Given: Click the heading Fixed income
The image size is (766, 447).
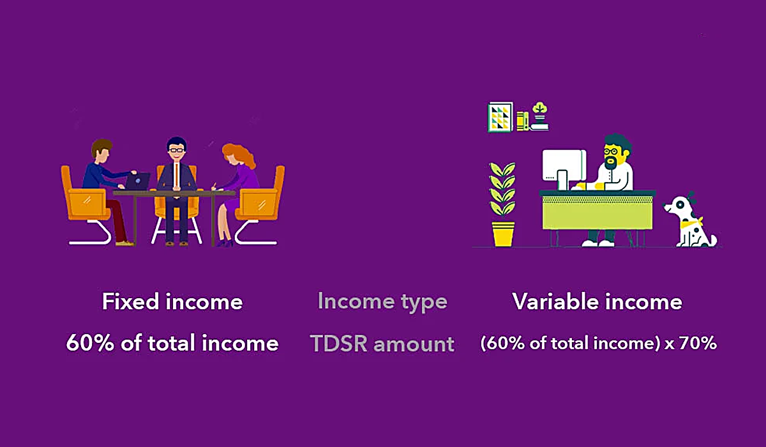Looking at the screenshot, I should [x=172, y=301].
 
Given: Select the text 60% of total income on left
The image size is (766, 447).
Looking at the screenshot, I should [x=172, y=344].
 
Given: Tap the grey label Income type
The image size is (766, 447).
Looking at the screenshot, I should [x=382, y=301].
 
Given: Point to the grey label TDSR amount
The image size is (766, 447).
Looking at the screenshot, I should [x=382, y=344].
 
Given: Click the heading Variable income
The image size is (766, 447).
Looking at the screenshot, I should [x=597, y=301].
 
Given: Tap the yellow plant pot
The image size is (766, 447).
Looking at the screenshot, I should [x=503, y=233].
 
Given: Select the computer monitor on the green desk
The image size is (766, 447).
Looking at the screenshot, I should [x=564, y=168].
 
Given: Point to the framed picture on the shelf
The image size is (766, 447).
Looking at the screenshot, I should [x=500, y=117].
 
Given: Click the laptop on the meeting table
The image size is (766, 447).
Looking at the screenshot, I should [x=137, y=182].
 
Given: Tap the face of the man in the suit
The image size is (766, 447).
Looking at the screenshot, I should [x=175, y=149].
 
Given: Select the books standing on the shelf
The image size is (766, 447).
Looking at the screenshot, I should [x=522, y=119].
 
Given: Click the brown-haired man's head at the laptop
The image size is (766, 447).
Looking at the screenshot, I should [x=101, y=151].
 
